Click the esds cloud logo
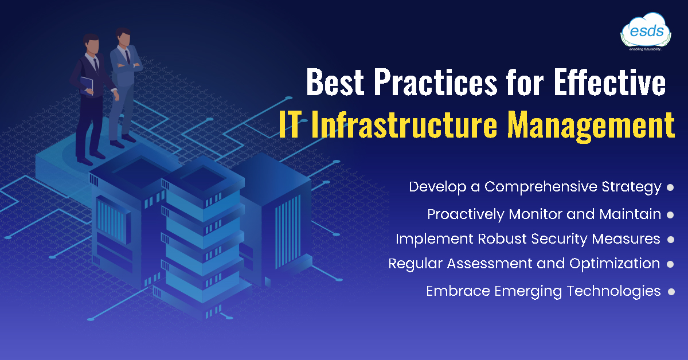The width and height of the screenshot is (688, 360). point(646,32)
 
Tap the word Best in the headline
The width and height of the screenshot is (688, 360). point(335,82)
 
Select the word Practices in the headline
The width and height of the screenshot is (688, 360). point(436,82)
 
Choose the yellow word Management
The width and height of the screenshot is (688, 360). point(591,126)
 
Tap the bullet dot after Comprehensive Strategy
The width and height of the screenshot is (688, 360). point(670,187)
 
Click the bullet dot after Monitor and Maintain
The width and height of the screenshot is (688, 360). point(670,215)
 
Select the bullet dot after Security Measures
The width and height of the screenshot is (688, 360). point(671,240)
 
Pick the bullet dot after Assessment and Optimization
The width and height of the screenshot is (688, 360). point(670,264)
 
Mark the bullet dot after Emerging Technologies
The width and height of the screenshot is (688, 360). point(671,292)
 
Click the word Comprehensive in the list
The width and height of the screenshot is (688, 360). point(541,187)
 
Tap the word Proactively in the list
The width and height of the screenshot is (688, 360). point(466,214)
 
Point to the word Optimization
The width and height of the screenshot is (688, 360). point(615,264)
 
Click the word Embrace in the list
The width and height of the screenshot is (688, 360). point(458,291)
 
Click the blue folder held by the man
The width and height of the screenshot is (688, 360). point(87,85)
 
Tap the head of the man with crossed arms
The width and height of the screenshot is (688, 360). point(123,37)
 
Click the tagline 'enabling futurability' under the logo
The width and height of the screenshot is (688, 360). point(646,49)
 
